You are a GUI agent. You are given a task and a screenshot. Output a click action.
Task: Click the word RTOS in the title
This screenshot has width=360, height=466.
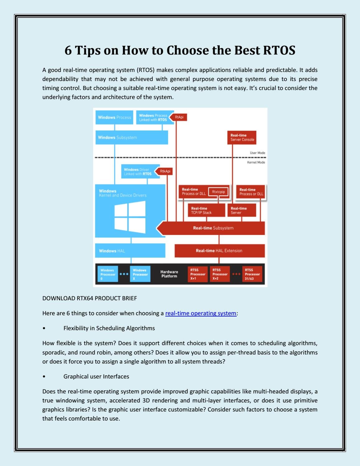[279, 50]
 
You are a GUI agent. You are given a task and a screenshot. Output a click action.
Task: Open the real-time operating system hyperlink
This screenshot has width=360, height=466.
[201, 313]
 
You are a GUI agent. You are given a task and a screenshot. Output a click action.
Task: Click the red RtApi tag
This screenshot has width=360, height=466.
[178, 117]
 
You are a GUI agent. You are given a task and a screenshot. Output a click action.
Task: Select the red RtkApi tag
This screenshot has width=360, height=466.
[164, 171]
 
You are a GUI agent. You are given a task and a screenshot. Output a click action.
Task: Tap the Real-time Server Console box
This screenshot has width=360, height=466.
[242, 137]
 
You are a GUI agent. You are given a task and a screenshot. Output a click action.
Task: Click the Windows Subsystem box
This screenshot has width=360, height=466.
[132, 137]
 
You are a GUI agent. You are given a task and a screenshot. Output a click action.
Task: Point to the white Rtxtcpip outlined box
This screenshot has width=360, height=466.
[218, 192]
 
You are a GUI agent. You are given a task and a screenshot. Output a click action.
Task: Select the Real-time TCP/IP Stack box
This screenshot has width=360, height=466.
[206, 210]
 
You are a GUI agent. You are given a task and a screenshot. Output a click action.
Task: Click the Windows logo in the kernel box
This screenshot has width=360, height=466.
[130, 217]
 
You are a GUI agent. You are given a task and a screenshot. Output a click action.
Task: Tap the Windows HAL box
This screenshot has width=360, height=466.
[130, 250]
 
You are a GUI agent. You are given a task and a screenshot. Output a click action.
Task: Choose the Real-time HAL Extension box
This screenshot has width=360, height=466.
[220, 251]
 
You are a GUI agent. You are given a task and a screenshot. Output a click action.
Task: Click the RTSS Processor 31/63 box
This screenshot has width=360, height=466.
[252, 274]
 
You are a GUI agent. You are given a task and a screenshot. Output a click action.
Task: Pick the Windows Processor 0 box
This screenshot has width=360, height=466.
[108, 274]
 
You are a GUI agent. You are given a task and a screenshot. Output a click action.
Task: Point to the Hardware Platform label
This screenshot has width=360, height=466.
[169, 274]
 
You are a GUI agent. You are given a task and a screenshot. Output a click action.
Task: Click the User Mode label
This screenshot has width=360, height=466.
[257, 153]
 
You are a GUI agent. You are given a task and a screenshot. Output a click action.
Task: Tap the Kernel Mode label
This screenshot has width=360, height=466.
[256, 162]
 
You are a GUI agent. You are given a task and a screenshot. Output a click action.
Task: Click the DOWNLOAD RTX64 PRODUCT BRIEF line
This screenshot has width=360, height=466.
[90, 298]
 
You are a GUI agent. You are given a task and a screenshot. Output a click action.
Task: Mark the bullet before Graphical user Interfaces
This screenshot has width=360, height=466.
[44, 377]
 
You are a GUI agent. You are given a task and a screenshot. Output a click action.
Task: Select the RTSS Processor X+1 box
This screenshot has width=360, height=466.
[197, 274]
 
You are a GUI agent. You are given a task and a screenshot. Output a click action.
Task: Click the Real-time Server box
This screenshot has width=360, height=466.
[242, 210]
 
